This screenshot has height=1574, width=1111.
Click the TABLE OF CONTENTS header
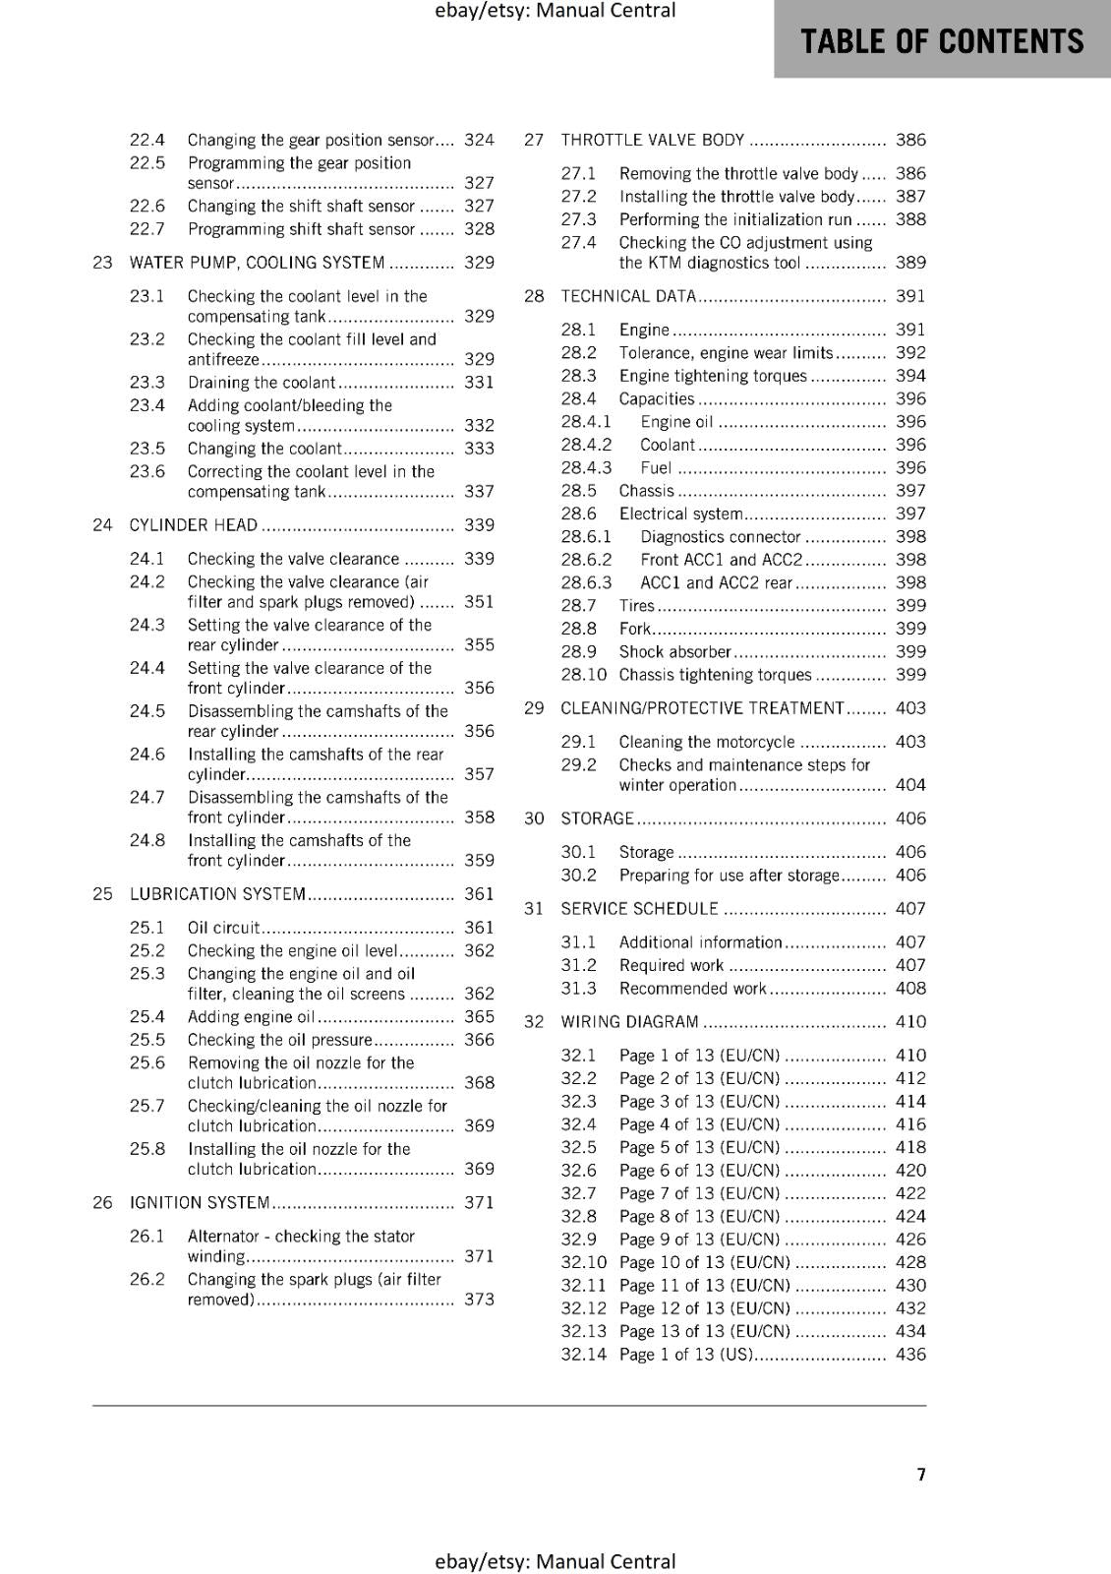pyautogui.click(x=942, y=41)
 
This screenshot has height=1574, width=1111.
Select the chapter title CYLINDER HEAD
pyautogui.click(x=194, y=525)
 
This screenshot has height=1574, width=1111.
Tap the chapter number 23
pyautogui.click(x=102, y=263)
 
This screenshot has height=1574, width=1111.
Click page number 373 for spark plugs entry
pyautogui.click(x=479, y=1300)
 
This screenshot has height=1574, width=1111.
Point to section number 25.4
pyautogui.click(x=147, y=1017)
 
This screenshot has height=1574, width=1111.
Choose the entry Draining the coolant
pyautogui.click(x=262, y=383)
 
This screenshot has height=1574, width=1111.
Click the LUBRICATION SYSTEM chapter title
pyautogui.click(x=217, y=894)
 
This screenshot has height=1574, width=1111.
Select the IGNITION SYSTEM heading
pyautogui.click(x=200, y=1203)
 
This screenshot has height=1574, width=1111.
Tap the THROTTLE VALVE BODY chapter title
pyautogui.click(x=653, y=141)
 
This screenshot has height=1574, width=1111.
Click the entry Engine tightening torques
pyautogui.click(x=713, y=376)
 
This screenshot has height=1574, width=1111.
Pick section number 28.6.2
pyautogui.click(x=586, y=560)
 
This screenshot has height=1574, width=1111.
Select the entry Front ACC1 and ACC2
pyautogui.click(x=721, y=560)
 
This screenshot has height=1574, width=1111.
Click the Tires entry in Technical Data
pyautogui.click(x=636, y=606)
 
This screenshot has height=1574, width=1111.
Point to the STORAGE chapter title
pyautogui.click(x=597, y=818)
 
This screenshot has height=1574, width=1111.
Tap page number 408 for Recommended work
pyautogui.click(x=910, y=989)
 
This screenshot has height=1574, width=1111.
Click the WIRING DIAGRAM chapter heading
pyautogui.click(x=629, y=1022)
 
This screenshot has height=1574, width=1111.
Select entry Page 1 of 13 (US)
pyautogui.click(x=685, y=1355)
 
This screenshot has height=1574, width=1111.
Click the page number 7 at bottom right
pyautogui.click(x=921, y=1475)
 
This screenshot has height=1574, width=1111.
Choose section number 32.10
pyautogui.click(x=584, y=1263)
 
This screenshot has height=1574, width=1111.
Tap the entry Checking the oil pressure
pyautogui.click(x=280, y=1040)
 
